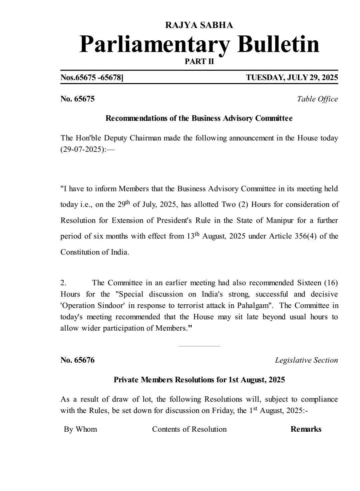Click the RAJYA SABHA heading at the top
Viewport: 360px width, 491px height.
click(199, 25)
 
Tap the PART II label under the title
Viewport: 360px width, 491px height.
click(199, 61)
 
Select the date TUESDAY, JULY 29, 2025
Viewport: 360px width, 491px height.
click(292, 78)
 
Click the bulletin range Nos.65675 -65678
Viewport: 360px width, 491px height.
click(92, 78)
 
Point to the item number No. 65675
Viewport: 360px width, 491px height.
click(77, 99)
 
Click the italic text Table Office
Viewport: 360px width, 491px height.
click(317, 99)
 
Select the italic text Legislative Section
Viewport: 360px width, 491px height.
click(306, 360)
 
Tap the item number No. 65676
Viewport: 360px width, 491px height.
click(77, 360)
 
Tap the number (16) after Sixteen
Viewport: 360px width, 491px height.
click(331, 283)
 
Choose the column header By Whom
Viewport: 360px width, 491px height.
click(80, 429)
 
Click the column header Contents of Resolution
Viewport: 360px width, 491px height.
click(189, 429)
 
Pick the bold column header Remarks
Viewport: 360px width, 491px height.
click(306, 429)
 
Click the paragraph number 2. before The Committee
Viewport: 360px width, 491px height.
click(63, 283)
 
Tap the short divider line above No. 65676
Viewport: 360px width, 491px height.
click(199, 346)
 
